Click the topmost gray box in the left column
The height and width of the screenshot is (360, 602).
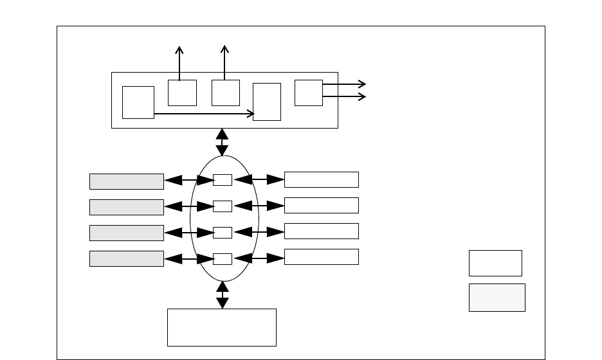coord(126,181)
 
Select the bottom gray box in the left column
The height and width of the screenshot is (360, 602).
coord(126,258)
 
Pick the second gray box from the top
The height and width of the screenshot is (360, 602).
coord(126,207)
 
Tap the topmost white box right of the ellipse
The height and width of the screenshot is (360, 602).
coord(321,179)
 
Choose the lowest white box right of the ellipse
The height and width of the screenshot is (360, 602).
coord(321,256)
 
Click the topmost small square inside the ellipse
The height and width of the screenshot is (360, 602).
coord(223,180)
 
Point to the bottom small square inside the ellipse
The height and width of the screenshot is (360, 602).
coord(223,258)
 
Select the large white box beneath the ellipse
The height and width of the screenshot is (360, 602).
coord(222,327)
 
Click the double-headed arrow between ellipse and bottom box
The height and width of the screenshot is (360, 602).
coord(223,295)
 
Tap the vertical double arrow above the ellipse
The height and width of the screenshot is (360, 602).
coord(222,142)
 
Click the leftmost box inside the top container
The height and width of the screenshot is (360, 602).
coord(138,102)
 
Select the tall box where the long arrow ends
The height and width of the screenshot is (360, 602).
coord(267,102)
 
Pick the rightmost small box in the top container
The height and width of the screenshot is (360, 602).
coord(308,93)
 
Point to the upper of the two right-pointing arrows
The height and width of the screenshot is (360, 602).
coord(344,84)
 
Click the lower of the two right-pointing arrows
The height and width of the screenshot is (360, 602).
coord(344,96)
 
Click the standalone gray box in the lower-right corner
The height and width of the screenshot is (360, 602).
coord(497,297)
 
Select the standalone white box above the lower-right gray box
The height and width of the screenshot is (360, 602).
coord(495,263)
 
